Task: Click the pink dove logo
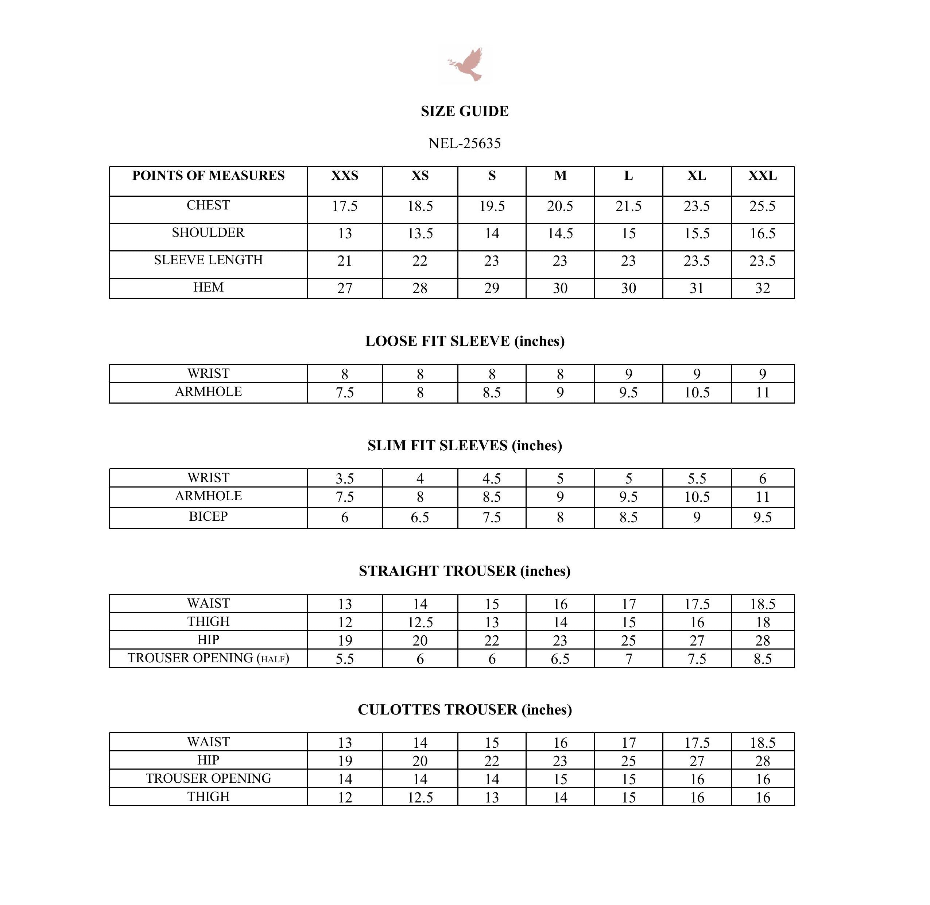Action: tap(465, 65)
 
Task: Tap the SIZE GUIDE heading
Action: tap(465, 111)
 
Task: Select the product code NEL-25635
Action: tap(465, 143)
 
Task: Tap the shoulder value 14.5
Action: tap(560, 234)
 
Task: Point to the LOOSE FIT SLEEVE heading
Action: tap(465, 341)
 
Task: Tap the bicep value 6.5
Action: tap(420, 517)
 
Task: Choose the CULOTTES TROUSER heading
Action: tap(465, 710)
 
